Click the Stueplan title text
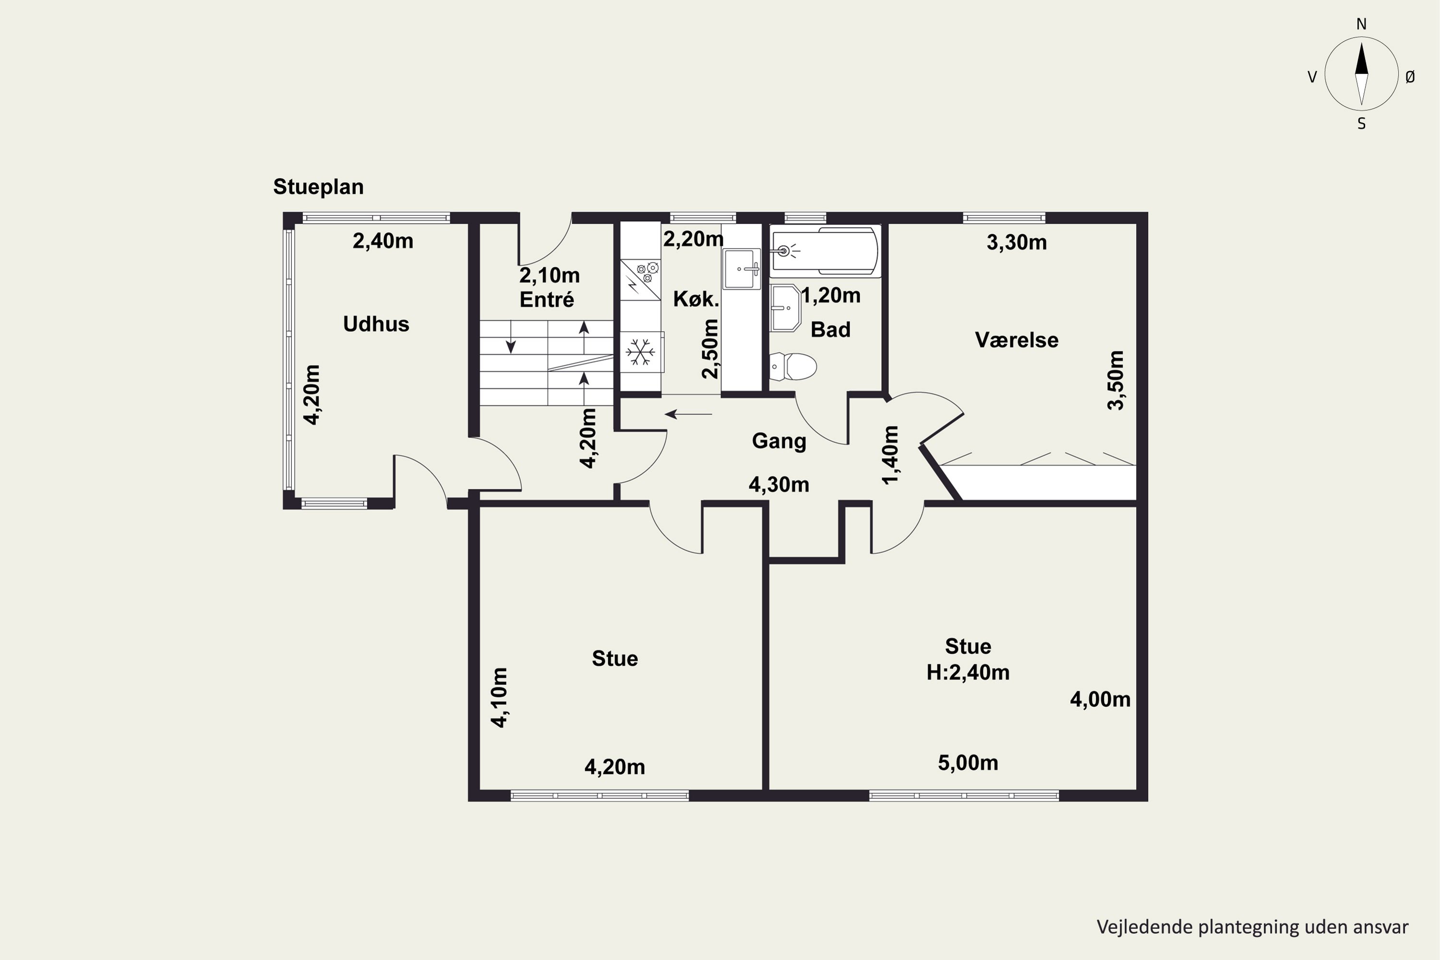(x=318, y=187)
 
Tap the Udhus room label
(x=376, y=324)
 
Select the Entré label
(x=547, y=300)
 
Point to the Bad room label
(x=830, y=329)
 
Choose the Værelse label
(x=1016, y=340)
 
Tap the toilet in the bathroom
(x=793, y=367)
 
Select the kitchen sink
(x=742, y=268)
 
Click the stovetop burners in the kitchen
(x=648, y=273)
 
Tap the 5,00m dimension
(x=968, y=763)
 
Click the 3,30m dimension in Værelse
(x=1016, y=243)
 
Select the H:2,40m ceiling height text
(x=968, y=673)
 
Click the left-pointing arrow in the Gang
(x=688, y=415)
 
